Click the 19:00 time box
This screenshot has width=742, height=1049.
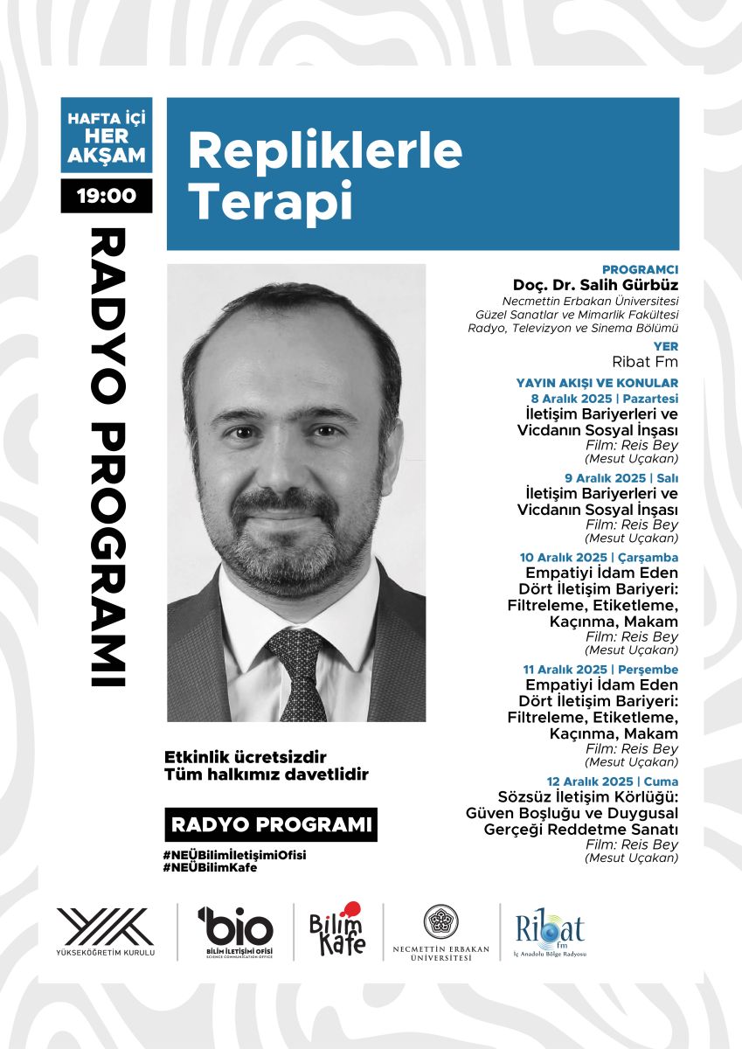click(107, 195)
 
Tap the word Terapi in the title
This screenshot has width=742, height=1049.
click(270, 200)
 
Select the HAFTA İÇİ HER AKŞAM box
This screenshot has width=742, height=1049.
click(107, 135)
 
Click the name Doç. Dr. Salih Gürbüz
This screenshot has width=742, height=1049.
click(595, 286)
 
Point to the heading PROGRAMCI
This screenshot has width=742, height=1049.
click(640, 269)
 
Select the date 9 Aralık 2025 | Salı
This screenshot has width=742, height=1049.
click(622, 477)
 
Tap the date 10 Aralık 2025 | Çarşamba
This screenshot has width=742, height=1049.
click(599, 557)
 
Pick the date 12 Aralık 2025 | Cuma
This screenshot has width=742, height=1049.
click(613, 781)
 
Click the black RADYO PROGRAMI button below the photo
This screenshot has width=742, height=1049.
click(271, 824)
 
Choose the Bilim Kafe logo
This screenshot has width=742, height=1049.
click(338, 929)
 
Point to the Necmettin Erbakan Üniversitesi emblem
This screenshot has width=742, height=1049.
click(441, 923)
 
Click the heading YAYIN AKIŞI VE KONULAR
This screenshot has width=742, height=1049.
click(597, 383)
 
